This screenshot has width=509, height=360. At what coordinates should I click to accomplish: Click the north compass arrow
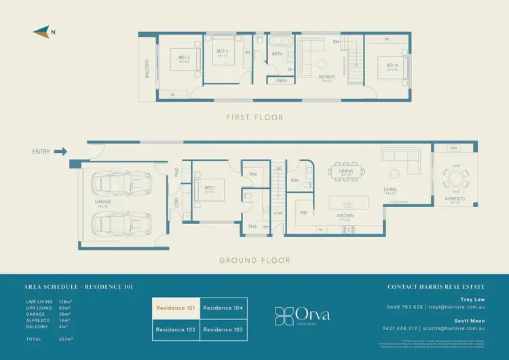tap(41, 30)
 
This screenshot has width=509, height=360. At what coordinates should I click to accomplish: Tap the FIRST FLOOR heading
tap(254, 118)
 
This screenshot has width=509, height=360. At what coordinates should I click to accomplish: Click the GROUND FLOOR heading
tap(254, 260)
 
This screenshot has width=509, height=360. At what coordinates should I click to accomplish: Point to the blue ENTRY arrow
tap(60, 151)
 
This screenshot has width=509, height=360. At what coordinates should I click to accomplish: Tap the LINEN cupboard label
tap(280, 81)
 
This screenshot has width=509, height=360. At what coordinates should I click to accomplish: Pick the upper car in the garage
tap(123, 183)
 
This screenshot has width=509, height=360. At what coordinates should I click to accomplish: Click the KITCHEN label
tap(345, 216)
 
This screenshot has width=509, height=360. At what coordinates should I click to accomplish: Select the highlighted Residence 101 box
tap(176, 308)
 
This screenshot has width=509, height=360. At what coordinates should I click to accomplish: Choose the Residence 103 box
tap(223, 329)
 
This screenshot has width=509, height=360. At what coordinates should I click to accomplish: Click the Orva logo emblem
tap(284, 315)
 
